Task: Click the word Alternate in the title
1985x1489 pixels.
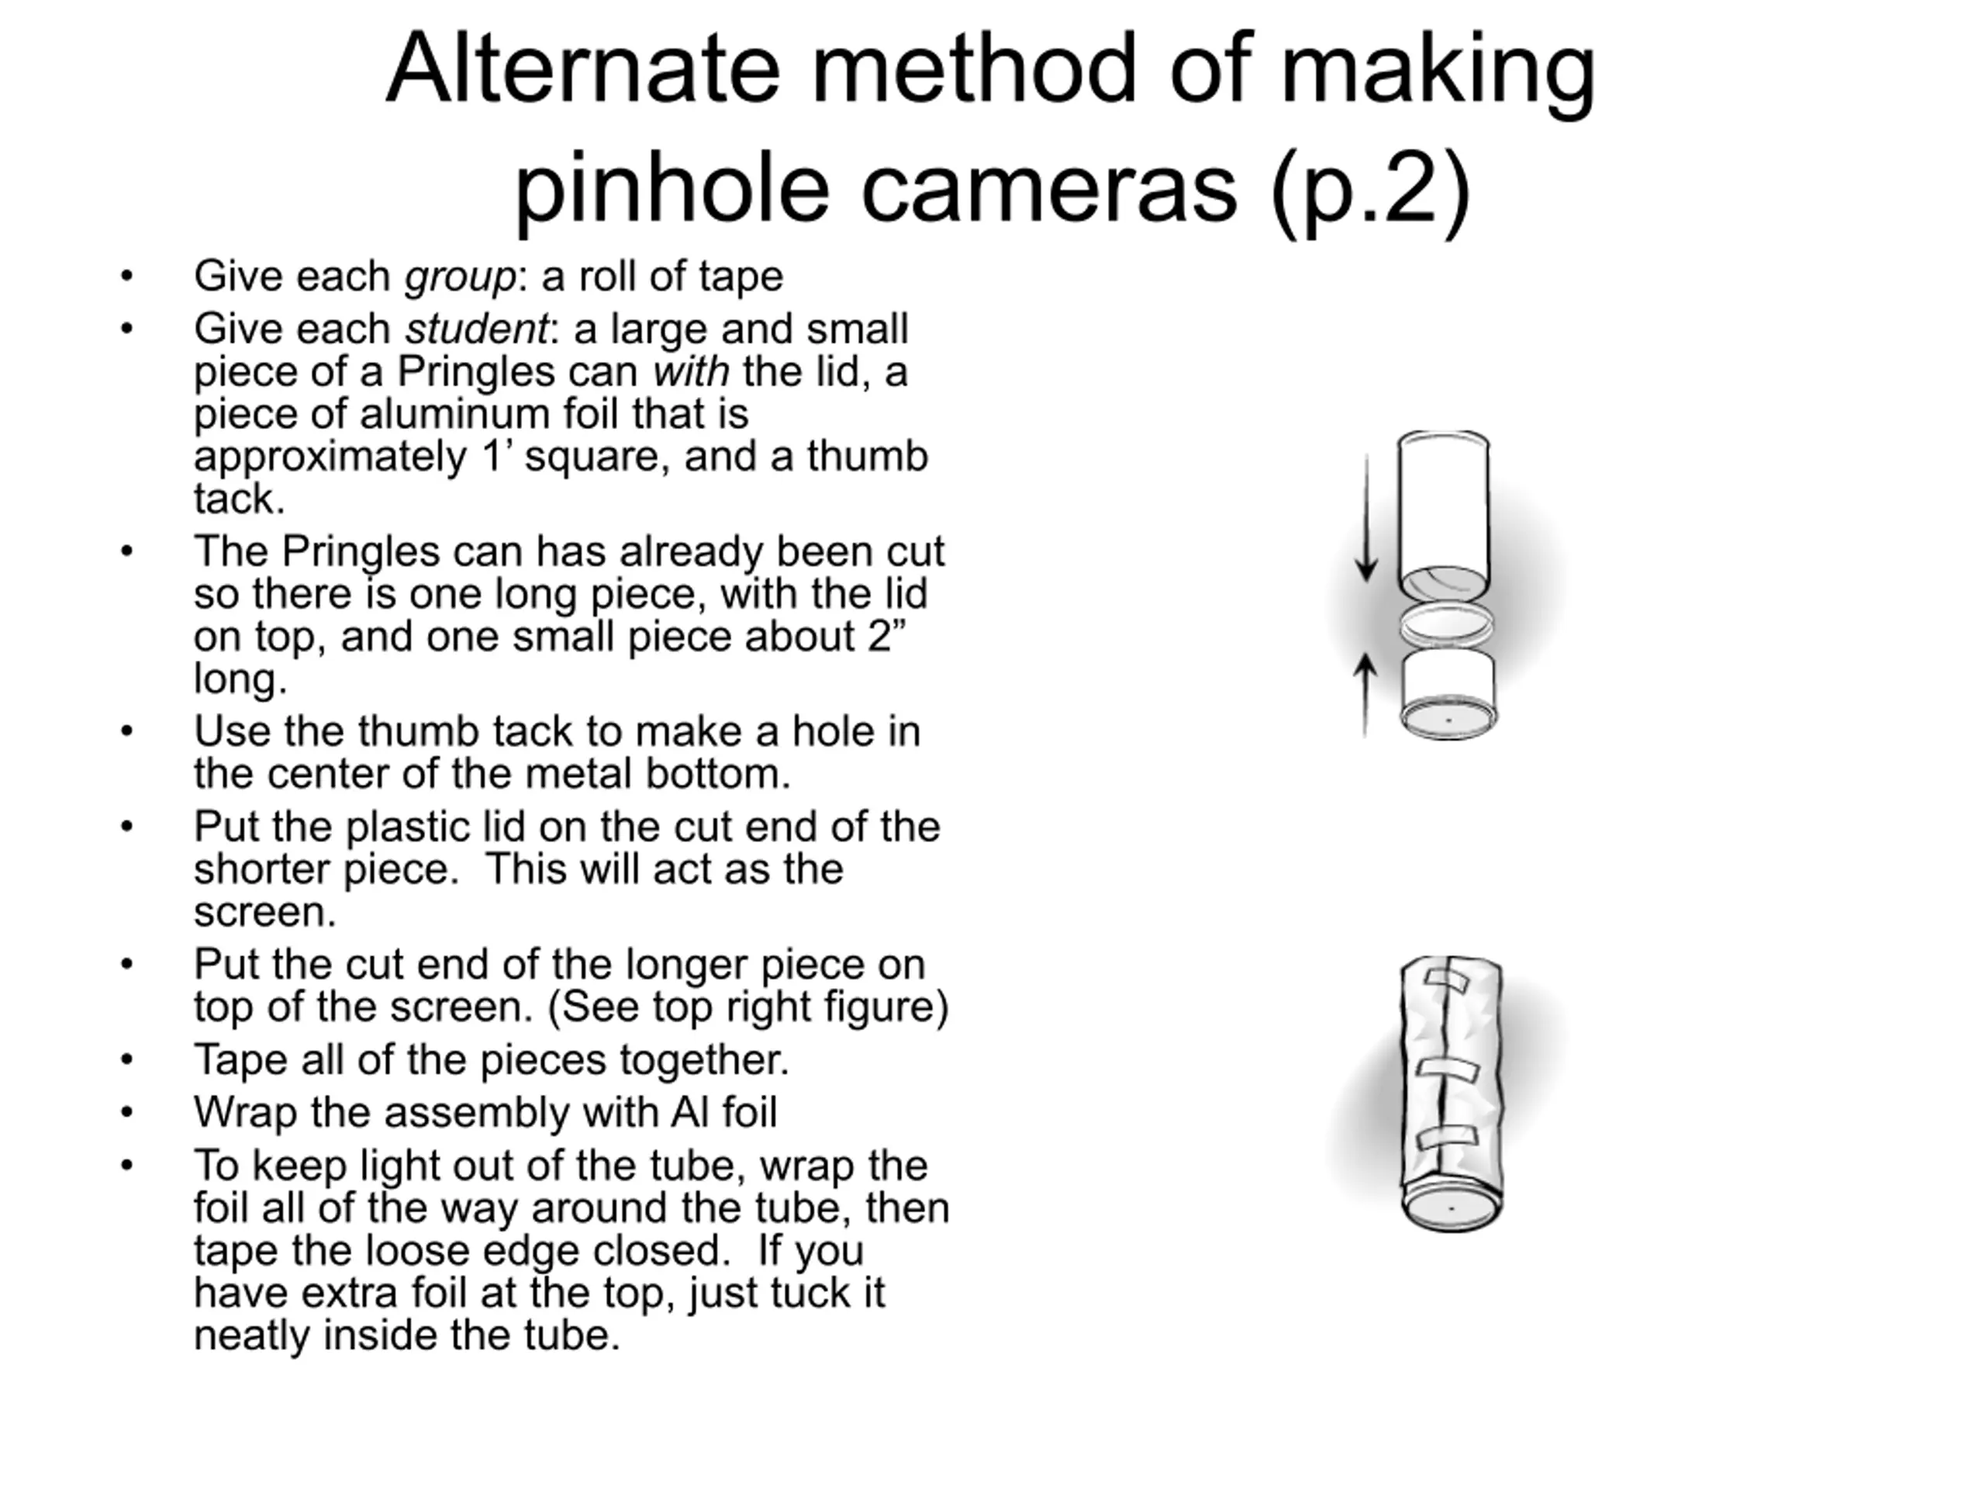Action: pyautogui.click(x=583, y=70)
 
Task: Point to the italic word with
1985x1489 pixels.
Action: pyautogui.click(x=690, y=371)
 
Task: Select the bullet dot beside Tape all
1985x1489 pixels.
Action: pyautogui.click(x=126, y=1060)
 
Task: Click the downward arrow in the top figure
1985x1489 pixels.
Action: pyautogui.click(x=1365, y=518)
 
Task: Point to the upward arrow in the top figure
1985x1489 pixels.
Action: pyautogui.click(x=1365, y=696)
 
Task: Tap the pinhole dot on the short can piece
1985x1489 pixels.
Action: pyautogui.click(x=1448, y=720)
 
